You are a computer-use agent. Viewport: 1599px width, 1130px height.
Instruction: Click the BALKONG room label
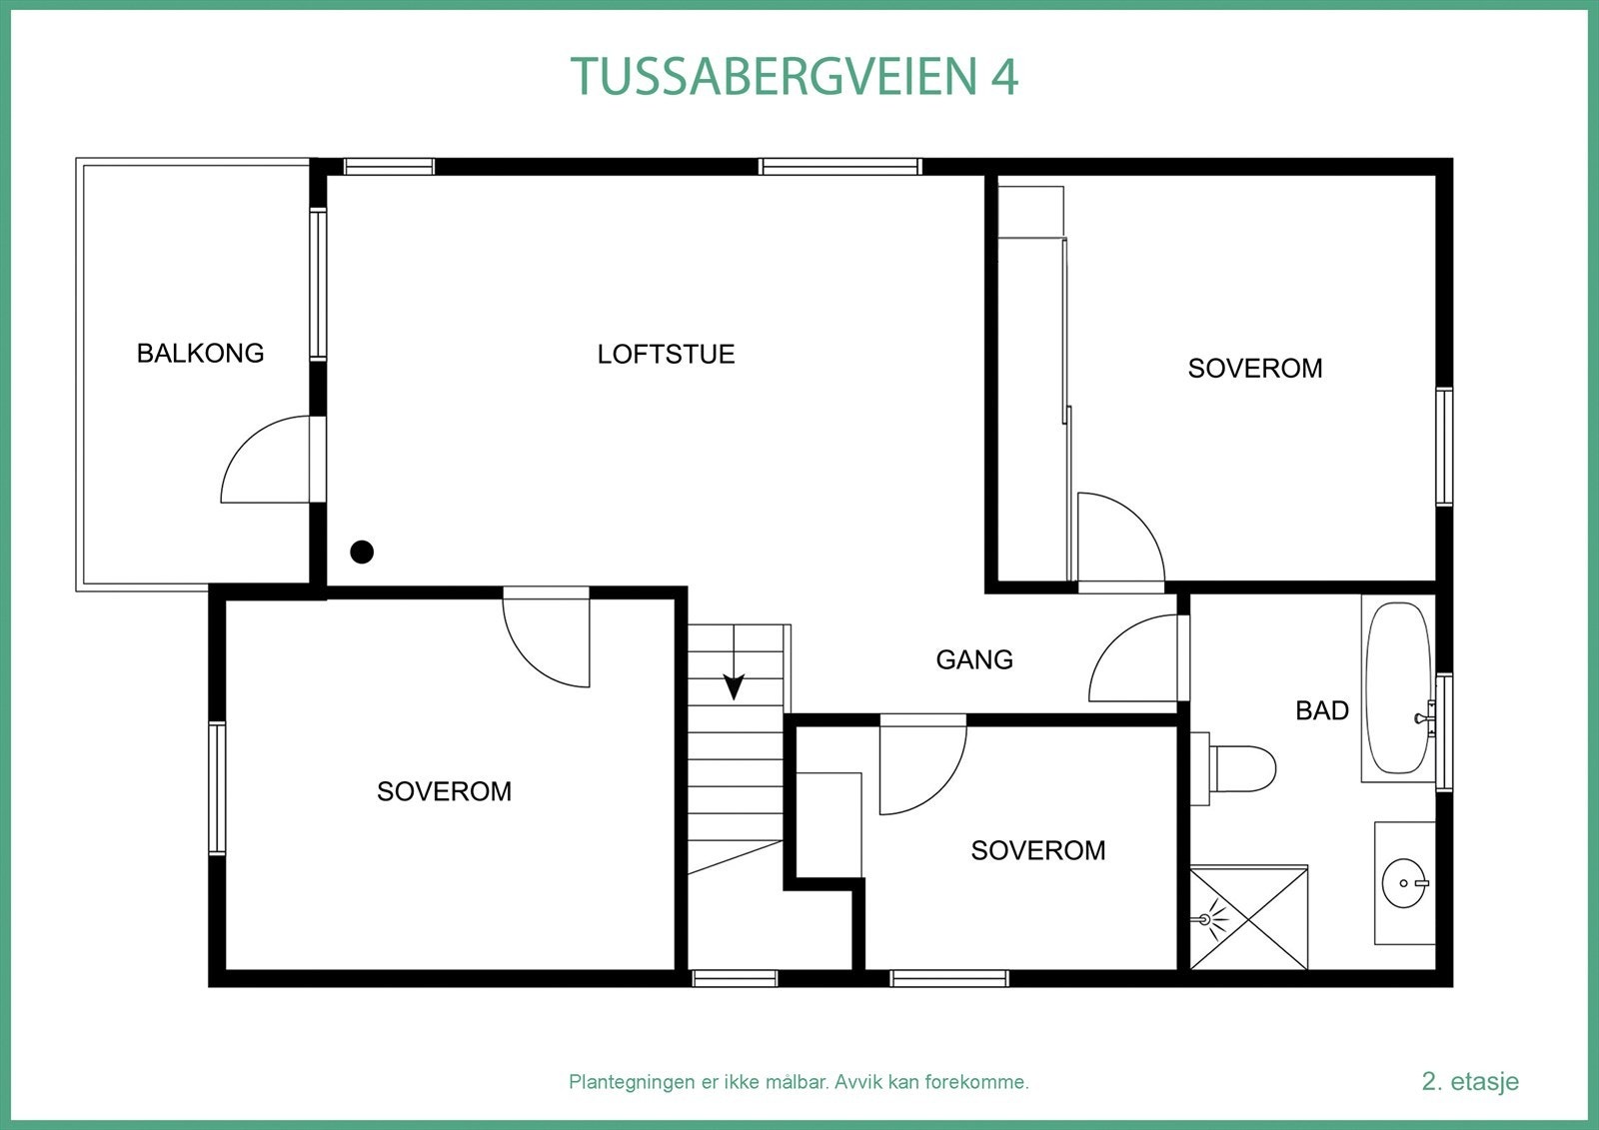tap(200, 353)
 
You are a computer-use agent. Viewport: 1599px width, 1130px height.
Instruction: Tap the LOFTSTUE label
tap(666, 354)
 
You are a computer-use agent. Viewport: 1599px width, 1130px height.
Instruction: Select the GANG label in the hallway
tap(974, 659)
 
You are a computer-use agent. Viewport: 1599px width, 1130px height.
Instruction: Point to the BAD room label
tap(1322, 710)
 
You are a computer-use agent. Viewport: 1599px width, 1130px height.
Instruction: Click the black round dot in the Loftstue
tap(362, 552)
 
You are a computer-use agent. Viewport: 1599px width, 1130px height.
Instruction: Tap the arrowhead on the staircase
tap(735, 686)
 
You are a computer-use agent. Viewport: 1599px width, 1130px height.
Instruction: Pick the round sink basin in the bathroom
tap(1405, 883)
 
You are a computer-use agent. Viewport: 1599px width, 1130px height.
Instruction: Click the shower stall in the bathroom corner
tap(1249, 917)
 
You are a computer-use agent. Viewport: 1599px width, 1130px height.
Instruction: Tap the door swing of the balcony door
tap(265, 460)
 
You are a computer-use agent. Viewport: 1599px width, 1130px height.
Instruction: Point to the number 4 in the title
tap(1004, 77)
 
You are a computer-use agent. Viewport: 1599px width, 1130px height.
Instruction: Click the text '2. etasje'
tap(1470, 1081)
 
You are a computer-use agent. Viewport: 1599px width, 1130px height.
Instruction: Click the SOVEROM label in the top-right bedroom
tap(1255, 369)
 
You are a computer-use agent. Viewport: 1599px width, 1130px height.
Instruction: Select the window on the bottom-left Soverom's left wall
tap(216, 788)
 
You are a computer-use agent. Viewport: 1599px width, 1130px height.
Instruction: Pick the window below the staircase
tap(735, 978)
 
